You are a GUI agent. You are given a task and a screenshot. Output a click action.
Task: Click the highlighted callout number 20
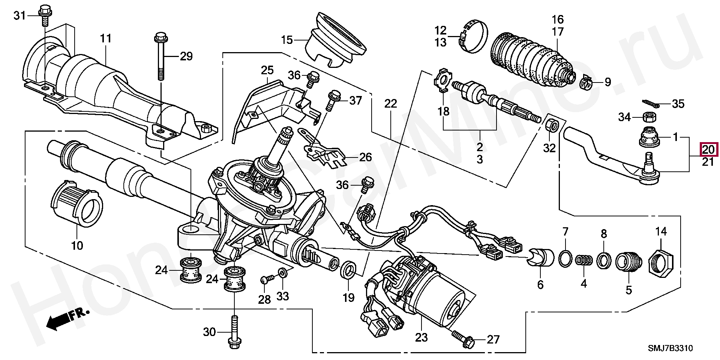(x=708, y=150)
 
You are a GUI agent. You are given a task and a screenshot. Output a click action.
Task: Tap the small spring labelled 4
(x=583, y=259)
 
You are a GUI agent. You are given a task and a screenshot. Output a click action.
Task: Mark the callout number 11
(x=106, y=39)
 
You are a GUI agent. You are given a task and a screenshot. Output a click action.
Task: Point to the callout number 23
(x=421, y=338)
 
